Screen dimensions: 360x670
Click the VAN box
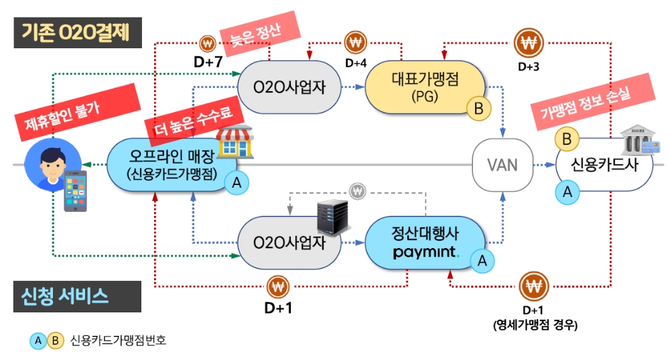point(502,164)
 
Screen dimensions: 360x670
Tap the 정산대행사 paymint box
point(425,244)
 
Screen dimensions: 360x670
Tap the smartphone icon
point(75,191)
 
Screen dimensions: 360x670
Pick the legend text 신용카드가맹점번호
point(118,341)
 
